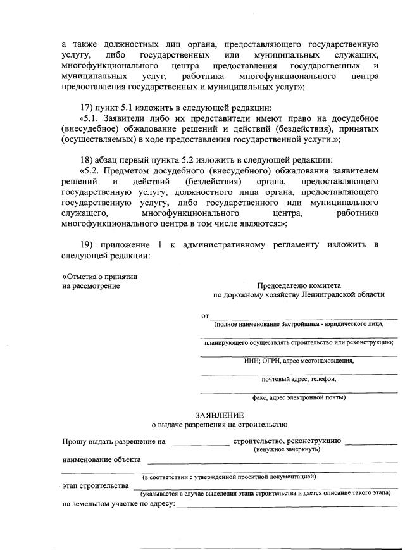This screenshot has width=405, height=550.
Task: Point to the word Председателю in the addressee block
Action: (282, 285)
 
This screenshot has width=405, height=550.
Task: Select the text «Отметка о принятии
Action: (100, 276)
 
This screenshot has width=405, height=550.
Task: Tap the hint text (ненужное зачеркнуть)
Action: (287, 449)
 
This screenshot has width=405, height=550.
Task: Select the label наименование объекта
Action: (101, 459)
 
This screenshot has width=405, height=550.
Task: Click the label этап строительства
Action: (95, 486)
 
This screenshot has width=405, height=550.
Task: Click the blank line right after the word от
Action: (304, 316)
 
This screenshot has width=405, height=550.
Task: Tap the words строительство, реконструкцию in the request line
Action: (287, 441)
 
